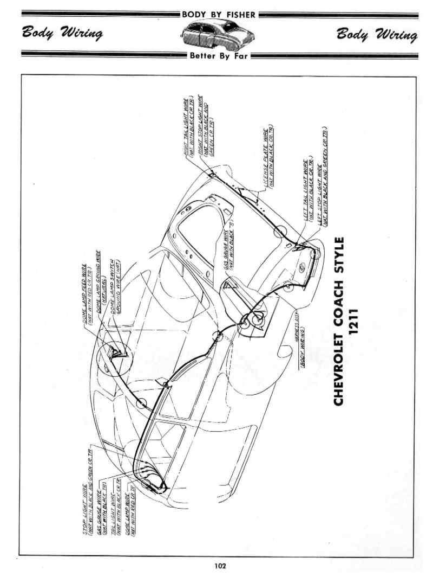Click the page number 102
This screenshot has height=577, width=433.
[x=219, y=566]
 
